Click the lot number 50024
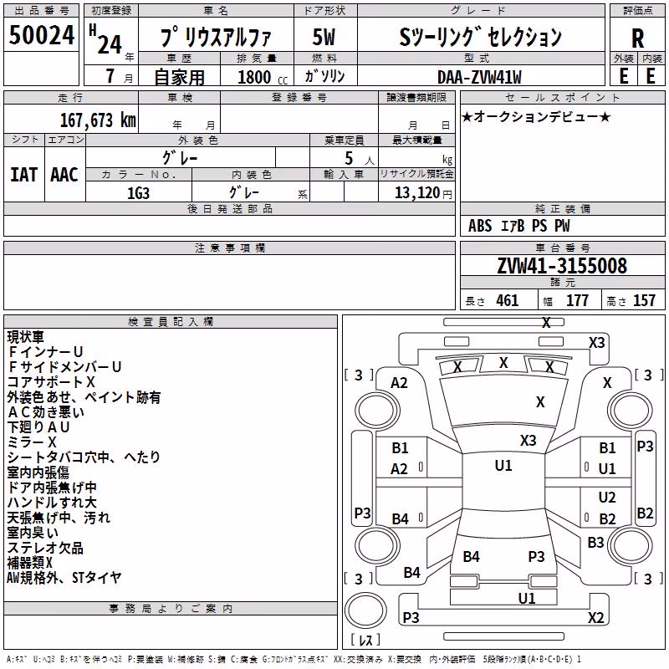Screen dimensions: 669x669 pos(42,35)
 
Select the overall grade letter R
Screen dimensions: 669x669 pos(637,39)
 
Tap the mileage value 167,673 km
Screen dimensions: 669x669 pos(98,120)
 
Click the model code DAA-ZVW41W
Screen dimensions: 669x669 pos(479,77)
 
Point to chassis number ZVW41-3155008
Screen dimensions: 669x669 pos(562,266)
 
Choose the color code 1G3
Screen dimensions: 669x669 pos(138,193)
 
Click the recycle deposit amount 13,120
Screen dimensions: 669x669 pos(416,193)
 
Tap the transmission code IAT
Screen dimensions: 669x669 pos(23,175)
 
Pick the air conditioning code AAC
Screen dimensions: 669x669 pos(64,175)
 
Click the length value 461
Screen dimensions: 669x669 pos(508,301)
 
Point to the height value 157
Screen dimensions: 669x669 pos(644,301)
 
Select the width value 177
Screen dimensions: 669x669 pos(577,301)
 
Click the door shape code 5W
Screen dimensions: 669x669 pos(324,38)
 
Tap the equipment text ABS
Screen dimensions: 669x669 pos(480,226)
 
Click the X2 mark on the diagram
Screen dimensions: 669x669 pos(595,617)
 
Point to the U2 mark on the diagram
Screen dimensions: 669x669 pos(607,498)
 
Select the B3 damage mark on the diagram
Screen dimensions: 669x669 pos(595,543)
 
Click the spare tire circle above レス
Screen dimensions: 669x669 pos(365,610)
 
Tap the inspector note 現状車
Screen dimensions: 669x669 pos(26,337)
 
